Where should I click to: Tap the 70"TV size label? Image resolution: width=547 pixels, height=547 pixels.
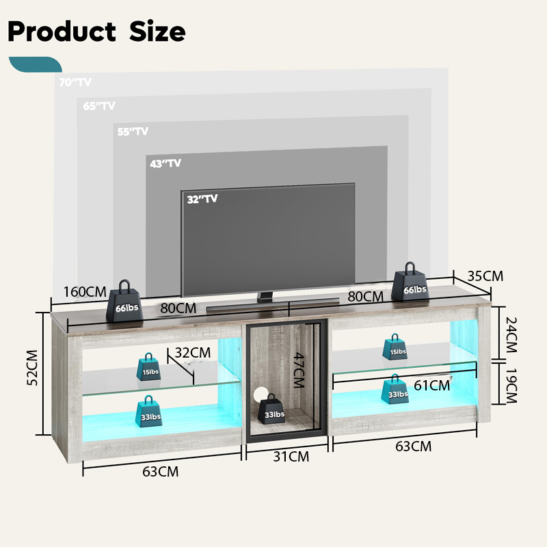pyautogui.click(x=75, y=82)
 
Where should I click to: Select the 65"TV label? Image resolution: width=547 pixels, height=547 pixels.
pyautogui.click(x=99, y=106)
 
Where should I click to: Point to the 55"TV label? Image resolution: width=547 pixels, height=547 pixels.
pyautogui.click(x=133, y=131)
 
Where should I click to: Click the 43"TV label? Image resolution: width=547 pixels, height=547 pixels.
pyautogui.click(x=165, y=163)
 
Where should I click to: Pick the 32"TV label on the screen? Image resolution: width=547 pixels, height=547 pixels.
pyautogui.click(x=202, y=199)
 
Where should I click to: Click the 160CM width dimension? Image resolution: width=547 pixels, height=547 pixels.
pyautogui.click(x=84, y=292)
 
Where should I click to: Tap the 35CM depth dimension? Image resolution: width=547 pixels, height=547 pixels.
pyautogui.click(x=485, y=276)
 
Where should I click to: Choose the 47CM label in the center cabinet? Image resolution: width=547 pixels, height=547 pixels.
pyautogui.click(x=296, y=369)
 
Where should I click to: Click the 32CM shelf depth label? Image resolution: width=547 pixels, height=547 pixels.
pyautogui.click(x=192, y=353)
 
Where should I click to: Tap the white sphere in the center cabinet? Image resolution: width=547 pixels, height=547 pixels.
pyautogui.click(x=261, y=394)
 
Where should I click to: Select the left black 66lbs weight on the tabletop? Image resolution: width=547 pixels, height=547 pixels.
pyautogui.click(x=125, y=301)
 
